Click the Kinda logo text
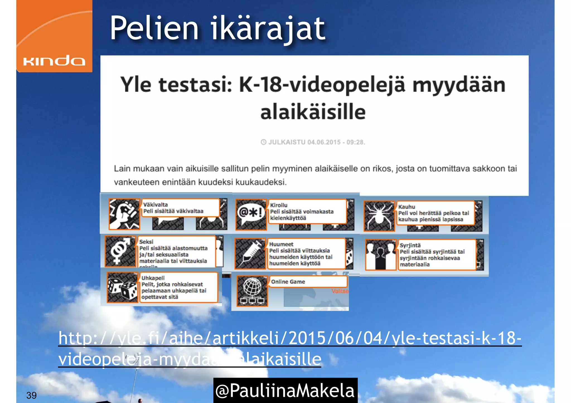pyautogui.click(x=54, y=61)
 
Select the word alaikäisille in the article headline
pyautogui.click(x=313, y=112)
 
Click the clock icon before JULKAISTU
pyautogui.click(x=263, y=142)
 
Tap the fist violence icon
pyautogui.click(x=124, y=214)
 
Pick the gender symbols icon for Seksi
pyautogui.click(x=120, y=251)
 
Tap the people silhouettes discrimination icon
pyautogui.click(x=380, y=255)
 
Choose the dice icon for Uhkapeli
pyautogui.click(x=122, y=287)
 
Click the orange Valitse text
pyautogui.click(x=340, y=291)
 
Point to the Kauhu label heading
pyautogui.click(x=407, y=207)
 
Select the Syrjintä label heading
pyautogui.click(x=410, y=245)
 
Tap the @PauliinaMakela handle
pyautogui.click(x=285, y=390)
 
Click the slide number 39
pyautogui.click(x=31, y=395)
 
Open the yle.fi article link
pyautogui.click(x=290, y=339)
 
